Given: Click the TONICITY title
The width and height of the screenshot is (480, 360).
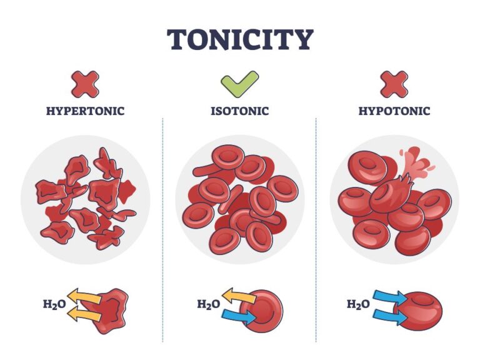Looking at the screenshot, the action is [240, 39].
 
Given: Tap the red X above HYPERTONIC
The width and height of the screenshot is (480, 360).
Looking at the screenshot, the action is [85, 84].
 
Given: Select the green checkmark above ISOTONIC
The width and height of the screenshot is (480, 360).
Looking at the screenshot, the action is [240, 84].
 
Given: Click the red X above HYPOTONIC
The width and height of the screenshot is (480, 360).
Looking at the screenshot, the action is [394, 84].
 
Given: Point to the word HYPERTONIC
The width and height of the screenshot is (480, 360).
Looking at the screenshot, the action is [86, 111].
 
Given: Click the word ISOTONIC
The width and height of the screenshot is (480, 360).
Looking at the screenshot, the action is [240, 111].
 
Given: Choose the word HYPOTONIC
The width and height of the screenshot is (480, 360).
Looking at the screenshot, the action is [394, 111].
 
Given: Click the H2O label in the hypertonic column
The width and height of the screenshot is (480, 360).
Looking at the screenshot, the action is [54, 304].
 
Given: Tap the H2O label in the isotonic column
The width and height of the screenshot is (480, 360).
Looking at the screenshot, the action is [209, 304].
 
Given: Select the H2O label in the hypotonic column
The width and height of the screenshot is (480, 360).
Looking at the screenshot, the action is [358, 304].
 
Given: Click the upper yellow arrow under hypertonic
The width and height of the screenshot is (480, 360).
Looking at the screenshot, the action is [84, 296].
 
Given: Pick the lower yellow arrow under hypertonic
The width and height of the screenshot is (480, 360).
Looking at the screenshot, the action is [84, 314].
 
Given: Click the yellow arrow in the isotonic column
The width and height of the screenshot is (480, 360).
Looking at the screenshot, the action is [239, 296].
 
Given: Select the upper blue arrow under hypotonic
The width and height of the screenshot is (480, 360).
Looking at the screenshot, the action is [390, 297].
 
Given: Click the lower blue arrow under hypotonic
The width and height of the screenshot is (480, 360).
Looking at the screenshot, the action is [390, 316].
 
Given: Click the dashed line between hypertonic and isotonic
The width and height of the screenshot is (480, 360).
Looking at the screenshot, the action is [162, 229].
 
